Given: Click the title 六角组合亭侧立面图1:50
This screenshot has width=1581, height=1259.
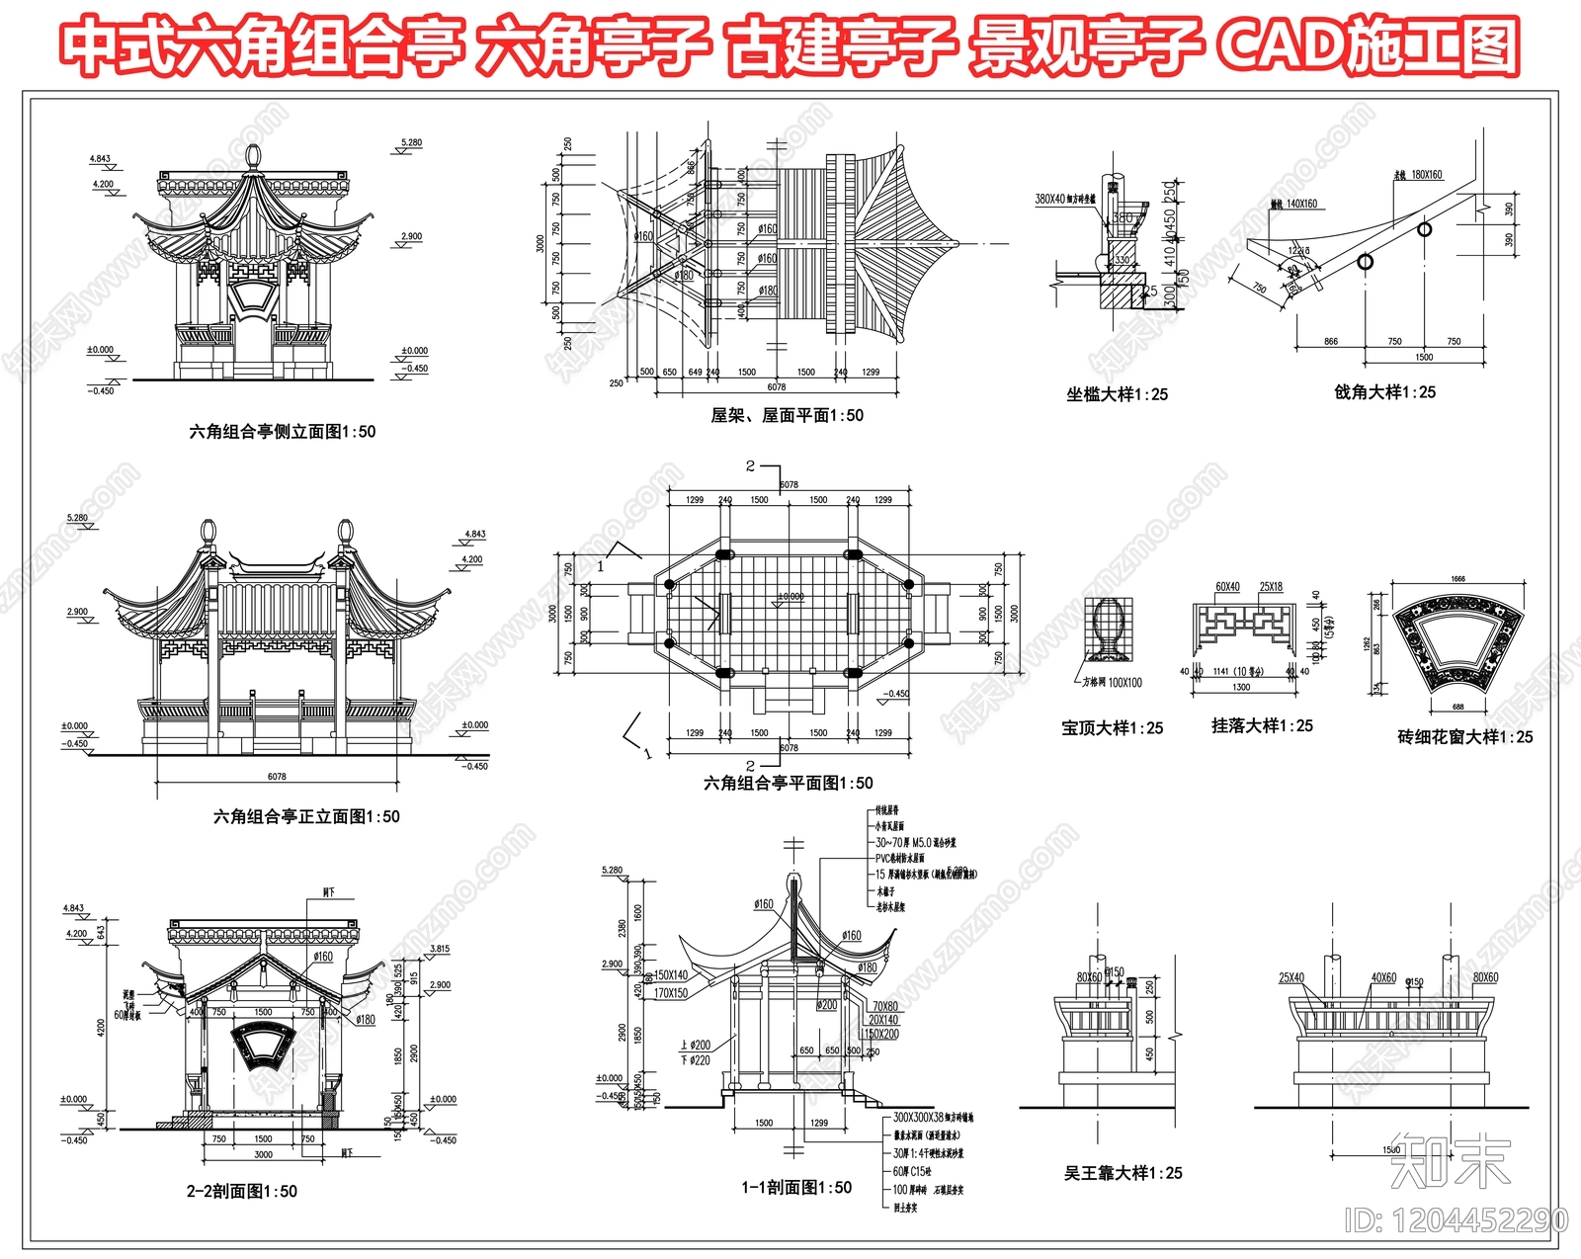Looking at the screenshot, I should pyautogui.click(x=282, y=432).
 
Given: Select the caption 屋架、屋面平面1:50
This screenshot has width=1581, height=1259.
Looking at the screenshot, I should pyautogui.click(x=787, y=416).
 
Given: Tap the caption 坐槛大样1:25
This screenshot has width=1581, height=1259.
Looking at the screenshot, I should pyautogui.click(x=1117, y=394).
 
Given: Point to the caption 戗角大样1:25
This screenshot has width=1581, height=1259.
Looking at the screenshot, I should pyautogui.click(x=1384, y=392).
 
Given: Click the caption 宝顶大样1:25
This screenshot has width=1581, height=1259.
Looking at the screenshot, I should pyautogui.click(x=1112, y=728).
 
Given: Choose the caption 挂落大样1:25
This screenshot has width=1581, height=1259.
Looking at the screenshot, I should pyautogui.click(x=1262, y=726).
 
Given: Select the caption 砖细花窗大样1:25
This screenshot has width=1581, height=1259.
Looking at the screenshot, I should pyautogui.click(x=1464, y=737).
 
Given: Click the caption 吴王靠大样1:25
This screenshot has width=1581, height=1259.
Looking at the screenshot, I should pyautogui.click(x=1123, y=1173).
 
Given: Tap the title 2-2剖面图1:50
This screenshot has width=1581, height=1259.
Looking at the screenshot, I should pyautogui.click(x=241, y=1192).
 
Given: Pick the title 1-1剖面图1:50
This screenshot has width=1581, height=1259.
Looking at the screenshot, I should pyautogui.click(x=796, y=1188).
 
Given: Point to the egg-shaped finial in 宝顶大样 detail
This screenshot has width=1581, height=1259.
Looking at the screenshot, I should pyautogui.click(x=1107, y=626).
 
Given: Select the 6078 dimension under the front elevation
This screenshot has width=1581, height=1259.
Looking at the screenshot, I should pyautogui.click(x=277, y=777).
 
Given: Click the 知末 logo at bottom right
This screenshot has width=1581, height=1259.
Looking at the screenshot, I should pyautogui.click(x=1450, y=1161).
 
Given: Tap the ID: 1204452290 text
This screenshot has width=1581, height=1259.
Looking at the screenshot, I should pyautogui.click(x=1456, y=1220).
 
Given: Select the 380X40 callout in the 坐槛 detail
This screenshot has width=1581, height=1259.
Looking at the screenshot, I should pyautogui.click(x=1064, y=199).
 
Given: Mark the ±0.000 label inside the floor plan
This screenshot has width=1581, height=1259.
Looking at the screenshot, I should pyautogui.click(x=790, y=597).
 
